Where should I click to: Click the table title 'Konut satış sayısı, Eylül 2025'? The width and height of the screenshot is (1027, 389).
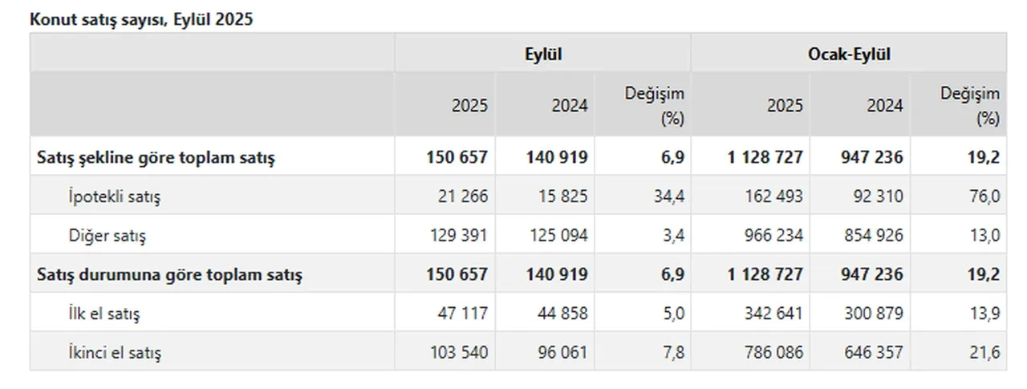click(x=141, y=20)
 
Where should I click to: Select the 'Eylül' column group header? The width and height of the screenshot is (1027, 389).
click(x=542, y=55)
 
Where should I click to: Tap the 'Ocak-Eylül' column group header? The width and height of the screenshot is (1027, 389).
click(x=850, y=55)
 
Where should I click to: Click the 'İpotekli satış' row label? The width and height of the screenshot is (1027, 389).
click(x=114, y=197)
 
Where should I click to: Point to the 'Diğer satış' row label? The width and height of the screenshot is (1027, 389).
click(x=108, y=236)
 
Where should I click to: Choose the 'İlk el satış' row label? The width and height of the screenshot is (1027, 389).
click(x=104, y=314)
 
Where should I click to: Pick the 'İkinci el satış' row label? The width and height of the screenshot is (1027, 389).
click(x=120, y=352)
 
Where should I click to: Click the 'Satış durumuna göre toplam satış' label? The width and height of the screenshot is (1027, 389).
click(x=170, y=274)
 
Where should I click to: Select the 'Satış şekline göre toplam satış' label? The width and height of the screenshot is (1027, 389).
click(x=156, y=158)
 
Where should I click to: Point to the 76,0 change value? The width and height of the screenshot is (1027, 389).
click(x=984, y=197)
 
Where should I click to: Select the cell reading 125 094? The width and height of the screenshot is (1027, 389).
click(x=558, y=236)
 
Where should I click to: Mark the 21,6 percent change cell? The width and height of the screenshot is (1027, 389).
click(x=984, y=352)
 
